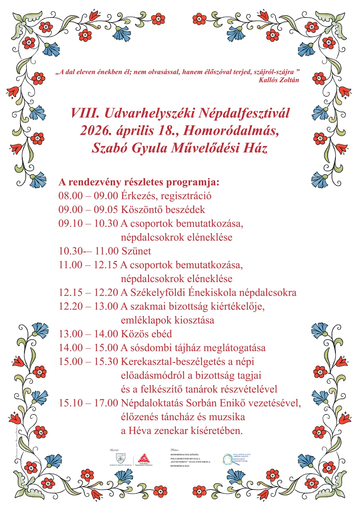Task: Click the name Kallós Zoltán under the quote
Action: pyautogui.click(x=279, y=80)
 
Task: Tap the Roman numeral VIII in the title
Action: pyautogui.click(x=85, y=113)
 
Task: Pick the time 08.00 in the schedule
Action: pyautogui.click(x=71, y=196)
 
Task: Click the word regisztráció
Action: pyautogui.click(x=186, y=196)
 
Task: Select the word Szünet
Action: pyautogui.click(x=136, y=251)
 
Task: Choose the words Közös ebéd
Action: pyautogui.click(x=146, y=334)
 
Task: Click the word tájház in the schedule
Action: pyautogui.click(x=186, y=348)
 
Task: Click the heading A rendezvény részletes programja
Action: pyautogui.click(x=139, y=182)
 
